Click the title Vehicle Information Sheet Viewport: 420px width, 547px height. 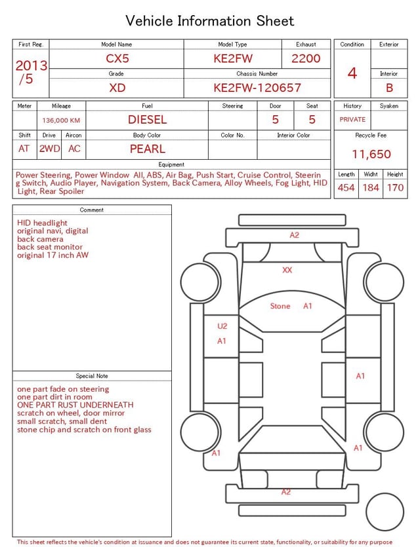point(210,21)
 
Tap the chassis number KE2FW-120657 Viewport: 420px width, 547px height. point(257,88)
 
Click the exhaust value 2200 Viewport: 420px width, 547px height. point(306,58)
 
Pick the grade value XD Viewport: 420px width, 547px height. point(117,88)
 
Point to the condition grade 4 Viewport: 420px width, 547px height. point(352,73)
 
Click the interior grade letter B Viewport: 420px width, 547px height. point(389,88)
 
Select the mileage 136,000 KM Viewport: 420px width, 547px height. point(61,121)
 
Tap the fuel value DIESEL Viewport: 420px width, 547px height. point(147,120)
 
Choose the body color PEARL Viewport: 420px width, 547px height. point(147,149)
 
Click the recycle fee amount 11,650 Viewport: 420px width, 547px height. point(371,155)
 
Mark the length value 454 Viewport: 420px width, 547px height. point(346,188)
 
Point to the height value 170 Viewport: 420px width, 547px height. point(395,188)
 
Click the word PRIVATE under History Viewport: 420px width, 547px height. point(352,120)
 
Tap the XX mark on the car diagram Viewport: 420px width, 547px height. point(287,270)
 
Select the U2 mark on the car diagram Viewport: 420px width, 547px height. point(222,326)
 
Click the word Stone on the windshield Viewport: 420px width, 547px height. point(280,306)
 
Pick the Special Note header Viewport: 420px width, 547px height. point(92,376)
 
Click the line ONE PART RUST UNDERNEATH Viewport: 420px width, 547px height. point(75,406)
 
